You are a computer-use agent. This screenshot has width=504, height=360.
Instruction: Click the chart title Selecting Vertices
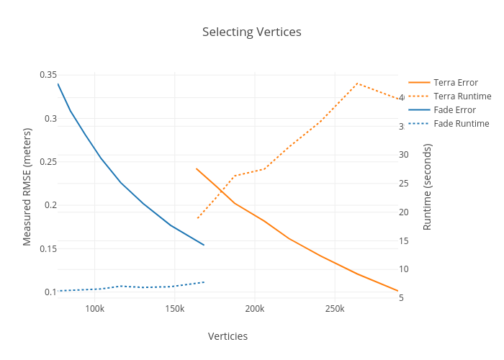251,32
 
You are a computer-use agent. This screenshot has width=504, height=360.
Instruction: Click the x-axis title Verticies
228,336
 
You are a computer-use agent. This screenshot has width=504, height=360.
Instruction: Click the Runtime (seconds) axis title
427,186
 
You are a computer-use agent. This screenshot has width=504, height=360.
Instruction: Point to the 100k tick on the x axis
95,309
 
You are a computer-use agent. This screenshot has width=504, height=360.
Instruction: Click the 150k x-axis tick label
175,309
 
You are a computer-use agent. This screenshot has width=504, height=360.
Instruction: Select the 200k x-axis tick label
255,309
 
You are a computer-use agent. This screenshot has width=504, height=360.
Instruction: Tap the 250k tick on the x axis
335,309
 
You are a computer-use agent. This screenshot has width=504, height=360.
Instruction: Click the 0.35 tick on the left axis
48,75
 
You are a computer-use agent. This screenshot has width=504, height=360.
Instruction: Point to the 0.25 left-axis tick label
48,162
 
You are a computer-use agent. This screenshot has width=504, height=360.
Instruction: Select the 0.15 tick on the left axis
48,249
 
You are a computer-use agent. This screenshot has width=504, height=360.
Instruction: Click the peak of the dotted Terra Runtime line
358,84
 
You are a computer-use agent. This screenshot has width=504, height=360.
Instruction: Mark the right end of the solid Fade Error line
204,245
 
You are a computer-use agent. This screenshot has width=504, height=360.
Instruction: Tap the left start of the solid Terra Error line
197,168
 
